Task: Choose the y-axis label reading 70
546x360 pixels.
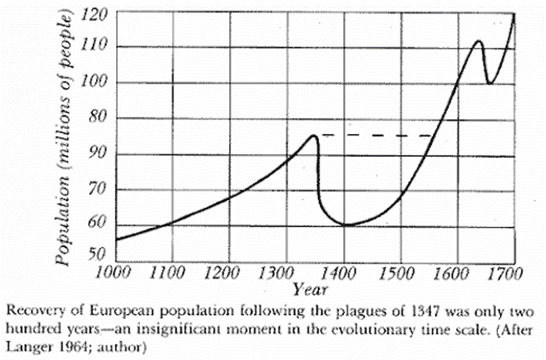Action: pyautogui.click(x=97, y=190)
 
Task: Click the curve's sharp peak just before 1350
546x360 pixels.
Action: pyautogui.click(x=313, y=135)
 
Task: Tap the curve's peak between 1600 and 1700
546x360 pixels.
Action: pyautogui.click(x=477, y=42)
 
